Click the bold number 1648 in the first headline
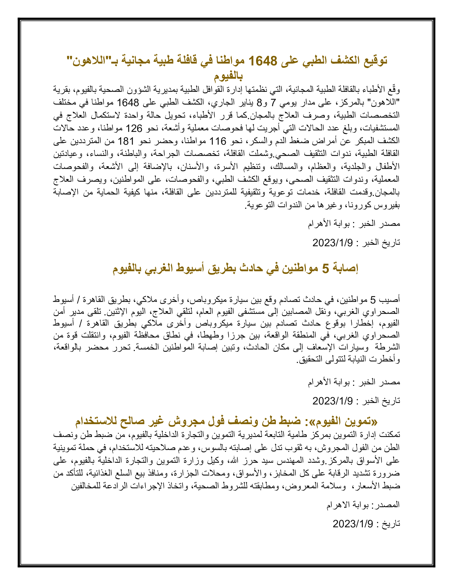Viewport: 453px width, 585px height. click(263, 61)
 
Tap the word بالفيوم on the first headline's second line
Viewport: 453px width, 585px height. click(228, 76)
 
